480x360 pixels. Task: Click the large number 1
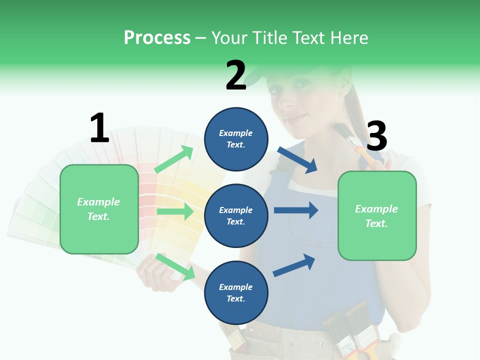tap(99, 128)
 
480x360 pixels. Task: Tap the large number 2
tap(236, 75)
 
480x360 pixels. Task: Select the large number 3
tap(376, 136)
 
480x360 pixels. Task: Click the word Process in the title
tap(157, 37)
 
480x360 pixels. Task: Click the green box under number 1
tap(99, 209)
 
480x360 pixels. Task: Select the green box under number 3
tap(377, 215)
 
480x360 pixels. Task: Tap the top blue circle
tap(236, 139)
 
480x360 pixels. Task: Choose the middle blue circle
tap(236, 215)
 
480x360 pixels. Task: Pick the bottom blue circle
tap(236, 292)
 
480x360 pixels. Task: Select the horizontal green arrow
tap(175, 211)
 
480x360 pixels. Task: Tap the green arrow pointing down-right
tap(175, 266)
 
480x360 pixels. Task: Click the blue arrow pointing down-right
tap(297, 159)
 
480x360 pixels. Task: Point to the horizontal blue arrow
tap(296, 210)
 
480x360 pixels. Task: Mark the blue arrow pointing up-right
tap(294, 265)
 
